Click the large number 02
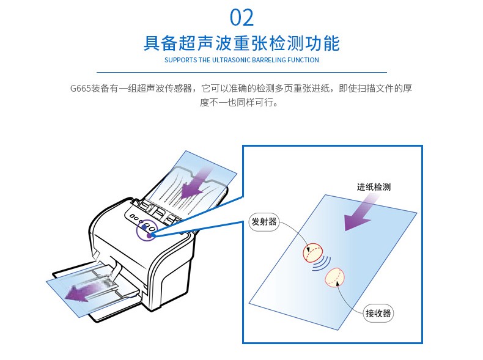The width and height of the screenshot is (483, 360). point(242,18)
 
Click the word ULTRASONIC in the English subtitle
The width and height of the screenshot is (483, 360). point(231,60)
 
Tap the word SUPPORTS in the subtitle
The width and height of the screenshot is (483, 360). point(180,60)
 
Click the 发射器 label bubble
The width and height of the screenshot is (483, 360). point(264,222)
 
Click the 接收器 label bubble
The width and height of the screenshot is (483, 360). point(378,314)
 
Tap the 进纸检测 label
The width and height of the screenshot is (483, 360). point(374,187)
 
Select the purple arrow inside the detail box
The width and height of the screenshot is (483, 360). point(359,213)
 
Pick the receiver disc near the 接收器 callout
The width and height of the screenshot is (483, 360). point(334,277)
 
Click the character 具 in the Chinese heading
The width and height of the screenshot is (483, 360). point(152,43)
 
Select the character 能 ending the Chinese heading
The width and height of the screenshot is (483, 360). point(331,43)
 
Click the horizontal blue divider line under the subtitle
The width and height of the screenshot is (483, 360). point(242,72)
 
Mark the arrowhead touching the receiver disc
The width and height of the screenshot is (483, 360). point(338,283)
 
